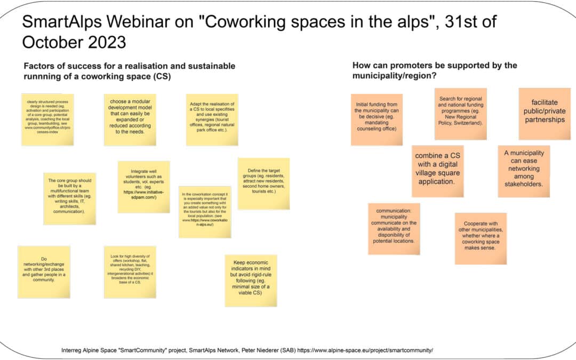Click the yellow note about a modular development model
130,120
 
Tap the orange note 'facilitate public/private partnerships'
545,114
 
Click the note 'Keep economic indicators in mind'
251,279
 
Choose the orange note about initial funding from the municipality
377,119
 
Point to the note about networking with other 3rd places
44,271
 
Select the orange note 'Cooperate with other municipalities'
481,238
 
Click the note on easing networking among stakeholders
523,171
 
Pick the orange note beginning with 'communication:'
394,228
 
